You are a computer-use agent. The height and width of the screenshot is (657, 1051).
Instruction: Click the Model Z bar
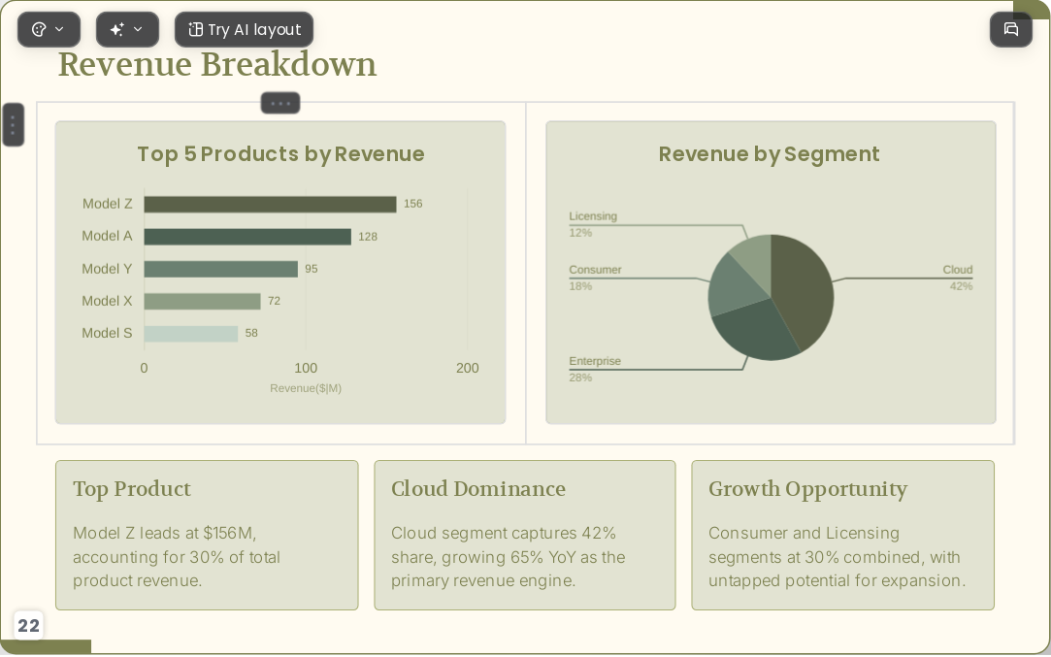click(x=270, y=205)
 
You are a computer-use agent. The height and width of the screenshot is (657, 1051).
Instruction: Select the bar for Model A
click(x=247, y=237)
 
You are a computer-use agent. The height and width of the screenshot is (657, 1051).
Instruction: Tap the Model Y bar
click(x=220, y=269)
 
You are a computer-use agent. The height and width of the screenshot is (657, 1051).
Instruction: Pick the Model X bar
click(x=202, y=301)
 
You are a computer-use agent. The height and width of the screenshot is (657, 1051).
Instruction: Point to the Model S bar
click(x=191, y=333)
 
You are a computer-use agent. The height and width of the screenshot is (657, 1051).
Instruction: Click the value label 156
click(x=412, y=204)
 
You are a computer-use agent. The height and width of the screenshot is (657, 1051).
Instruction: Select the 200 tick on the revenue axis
click(x=467, y=368)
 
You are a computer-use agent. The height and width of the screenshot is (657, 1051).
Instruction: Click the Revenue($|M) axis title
click(x=306, y=388)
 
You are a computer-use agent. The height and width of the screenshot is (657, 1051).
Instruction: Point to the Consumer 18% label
click(x=595, y=278)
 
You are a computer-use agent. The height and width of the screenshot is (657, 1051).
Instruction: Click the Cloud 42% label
click(x=958, y=278)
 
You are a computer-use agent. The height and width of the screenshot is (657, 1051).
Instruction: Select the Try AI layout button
click(x=244, y=29)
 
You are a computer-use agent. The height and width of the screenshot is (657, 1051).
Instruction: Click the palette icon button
click(x=49, y=29)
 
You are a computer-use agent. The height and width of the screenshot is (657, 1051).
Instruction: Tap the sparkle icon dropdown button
click(x=127, y=29)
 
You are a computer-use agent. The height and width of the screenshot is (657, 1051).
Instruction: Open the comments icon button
click(x=1011, y=29)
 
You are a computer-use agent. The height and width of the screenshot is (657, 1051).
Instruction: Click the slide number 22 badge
click(x=28, y=626)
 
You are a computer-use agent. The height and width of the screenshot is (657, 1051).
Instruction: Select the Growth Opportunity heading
click(x=807, y=489)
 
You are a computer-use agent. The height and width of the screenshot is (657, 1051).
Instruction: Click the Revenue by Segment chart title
click(x=769, y=154)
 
